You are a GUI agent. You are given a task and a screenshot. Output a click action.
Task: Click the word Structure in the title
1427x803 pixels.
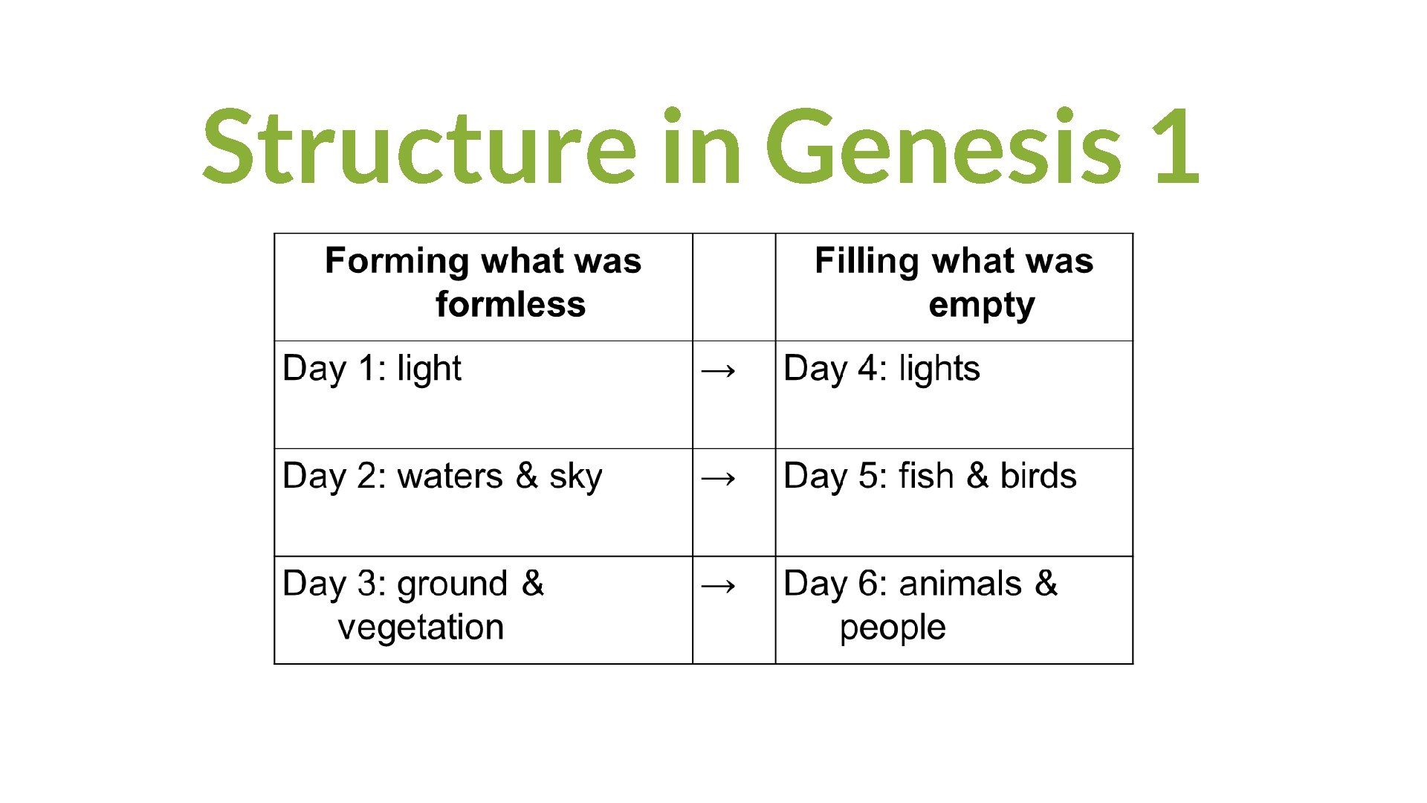[x=418, y=146]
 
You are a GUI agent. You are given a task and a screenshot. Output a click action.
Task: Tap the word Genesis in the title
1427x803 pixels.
[x=943, y=146]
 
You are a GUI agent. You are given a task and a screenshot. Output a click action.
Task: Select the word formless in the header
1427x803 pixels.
[x=511, y=305]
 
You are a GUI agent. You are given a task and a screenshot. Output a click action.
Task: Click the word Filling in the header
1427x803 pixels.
[x=867, y=262]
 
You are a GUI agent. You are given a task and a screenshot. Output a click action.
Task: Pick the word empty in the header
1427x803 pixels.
[x=981, y=306]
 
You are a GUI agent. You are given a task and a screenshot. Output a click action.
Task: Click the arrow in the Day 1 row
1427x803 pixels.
[x=719, y=370]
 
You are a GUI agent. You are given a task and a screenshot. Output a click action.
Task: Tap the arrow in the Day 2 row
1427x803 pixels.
[x=719, y=477]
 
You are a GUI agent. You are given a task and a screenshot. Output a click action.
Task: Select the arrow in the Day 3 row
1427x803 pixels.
[x=719, y=585]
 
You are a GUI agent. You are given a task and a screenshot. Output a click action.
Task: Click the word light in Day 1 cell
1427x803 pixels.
[x=429, y=369]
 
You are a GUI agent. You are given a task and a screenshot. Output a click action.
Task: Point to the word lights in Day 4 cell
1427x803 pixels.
[x=939, y=369]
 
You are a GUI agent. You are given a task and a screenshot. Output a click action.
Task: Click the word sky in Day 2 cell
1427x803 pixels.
[x=575, y=477]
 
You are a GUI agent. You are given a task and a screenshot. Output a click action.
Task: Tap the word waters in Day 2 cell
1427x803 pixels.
[x=450, y=476]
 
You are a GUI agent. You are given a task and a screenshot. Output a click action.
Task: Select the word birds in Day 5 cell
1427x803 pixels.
[x=1038, y=476]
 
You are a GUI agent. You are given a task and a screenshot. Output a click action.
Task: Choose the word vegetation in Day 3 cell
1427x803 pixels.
[x=421, y=628]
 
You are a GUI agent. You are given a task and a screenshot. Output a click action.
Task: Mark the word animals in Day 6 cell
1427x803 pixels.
[x=960, y=584]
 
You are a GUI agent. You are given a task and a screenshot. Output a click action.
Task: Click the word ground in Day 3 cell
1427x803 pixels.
[x=452, y=584]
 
